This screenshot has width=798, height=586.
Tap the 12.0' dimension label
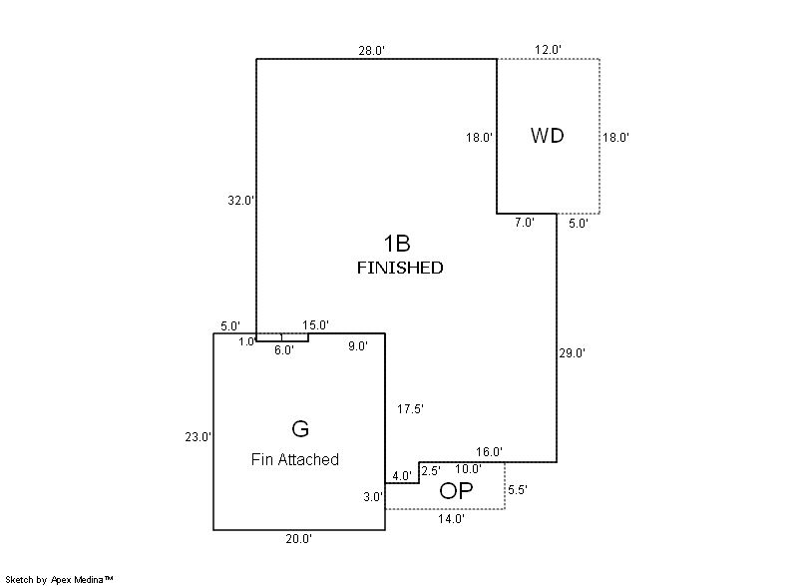[x=549, y=50]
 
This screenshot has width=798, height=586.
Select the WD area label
[x=547, y=136]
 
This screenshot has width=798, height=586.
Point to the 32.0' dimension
[x=240, y=200]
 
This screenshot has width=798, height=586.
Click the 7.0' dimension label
[x=525, y=224]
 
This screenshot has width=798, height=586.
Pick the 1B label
[x=397, y=243]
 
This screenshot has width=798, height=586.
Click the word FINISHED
[x=399, y=268]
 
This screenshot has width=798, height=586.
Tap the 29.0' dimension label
[x=572, y=352]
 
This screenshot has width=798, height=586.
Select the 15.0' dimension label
[x=316, y=325]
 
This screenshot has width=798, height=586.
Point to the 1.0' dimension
[x=246, y=341]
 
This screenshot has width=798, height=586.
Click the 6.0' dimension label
[x=284, y=350]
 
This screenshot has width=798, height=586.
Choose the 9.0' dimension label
[x=358, y=346]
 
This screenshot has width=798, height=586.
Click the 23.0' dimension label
[x=199, y=436]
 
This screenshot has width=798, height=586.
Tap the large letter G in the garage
[x=299, y=429]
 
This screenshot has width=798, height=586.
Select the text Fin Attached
[x=294, y=459]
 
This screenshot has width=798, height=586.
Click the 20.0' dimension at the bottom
[x=299, y=539]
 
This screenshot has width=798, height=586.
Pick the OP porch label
[x=456, y=490]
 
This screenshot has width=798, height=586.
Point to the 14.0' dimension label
[x=451, y=519]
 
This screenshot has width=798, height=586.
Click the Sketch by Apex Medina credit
[x=60, y=578]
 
